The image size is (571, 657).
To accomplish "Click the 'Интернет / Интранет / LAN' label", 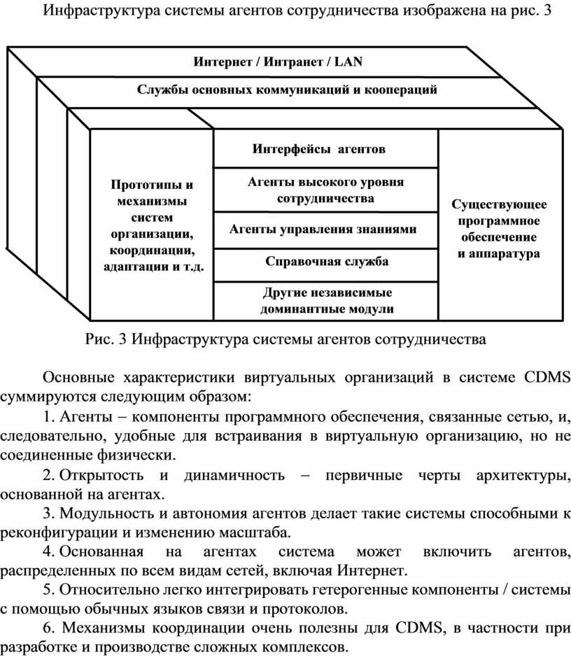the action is pyautogui.click(x=278, y=62).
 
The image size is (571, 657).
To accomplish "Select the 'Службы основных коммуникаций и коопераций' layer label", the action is pyautogui.click(x=287, y=90).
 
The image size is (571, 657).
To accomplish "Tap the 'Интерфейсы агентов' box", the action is pyautogui.click(x=326, y=149).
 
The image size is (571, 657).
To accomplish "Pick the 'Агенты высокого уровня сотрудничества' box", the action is pyautogui.click(x=326, y=190).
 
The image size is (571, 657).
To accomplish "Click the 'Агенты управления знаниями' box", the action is pyautogui.click(x=326, y=230).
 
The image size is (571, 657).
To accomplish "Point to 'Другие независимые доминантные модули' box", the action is pyautogui.click(x=326, y=302).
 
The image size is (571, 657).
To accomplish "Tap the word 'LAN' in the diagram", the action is pyautogui.click(x=348, y=62).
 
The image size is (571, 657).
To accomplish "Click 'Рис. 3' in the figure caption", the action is pyautogui.click(x=106, y=339).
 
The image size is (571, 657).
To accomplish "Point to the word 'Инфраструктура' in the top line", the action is pyautogui.click(x=101, y=10).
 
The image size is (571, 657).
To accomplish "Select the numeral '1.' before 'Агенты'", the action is pyautogui.click(x=50, y=416).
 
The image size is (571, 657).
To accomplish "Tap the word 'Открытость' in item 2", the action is pyautogui.click(x=101, y=475).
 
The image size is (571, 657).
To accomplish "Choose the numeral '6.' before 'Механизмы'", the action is pyautogui.click(x=50, y=628).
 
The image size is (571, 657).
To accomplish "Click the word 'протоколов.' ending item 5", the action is pyautogui.click(x=305, y=609).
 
